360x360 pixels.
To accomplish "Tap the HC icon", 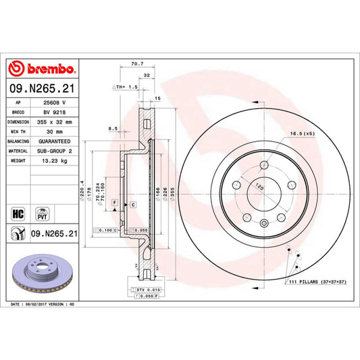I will [x=17, y=213].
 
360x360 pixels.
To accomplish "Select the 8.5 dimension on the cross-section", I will [x=112, y=127].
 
